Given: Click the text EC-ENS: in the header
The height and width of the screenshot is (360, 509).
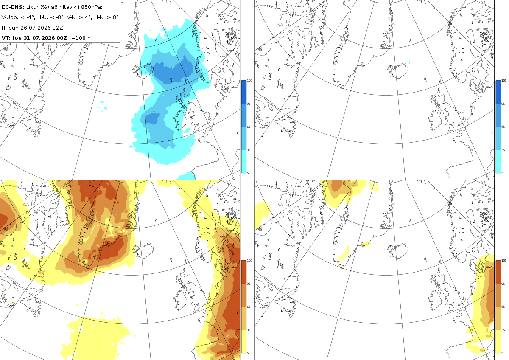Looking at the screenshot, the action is pos(13,7).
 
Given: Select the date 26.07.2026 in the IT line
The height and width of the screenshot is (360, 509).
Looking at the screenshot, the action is pos(36,28).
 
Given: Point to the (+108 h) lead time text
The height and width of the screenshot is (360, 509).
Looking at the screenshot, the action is pos(81,38).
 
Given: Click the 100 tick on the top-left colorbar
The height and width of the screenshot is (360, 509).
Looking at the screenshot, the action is pos(249,81).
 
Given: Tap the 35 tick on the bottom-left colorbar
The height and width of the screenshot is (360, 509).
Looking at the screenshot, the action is pos(249,330).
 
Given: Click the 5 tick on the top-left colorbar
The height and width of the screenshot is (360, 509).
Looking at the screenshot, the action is pos(248,173).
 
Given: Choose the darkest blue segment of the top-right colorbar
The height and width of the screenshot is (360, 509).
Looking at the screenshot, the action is pos(498,92).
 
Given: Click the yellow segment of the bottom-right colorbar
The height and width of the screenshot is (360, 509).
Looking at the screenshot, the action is pos(498,341).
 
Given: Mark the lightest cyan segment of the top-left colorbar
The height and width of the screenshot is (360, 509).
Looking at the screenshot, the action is pos(243,161).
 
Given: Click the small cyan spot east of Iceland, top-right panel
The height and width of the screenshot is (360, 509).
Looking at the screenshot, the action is pos(409,62).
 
